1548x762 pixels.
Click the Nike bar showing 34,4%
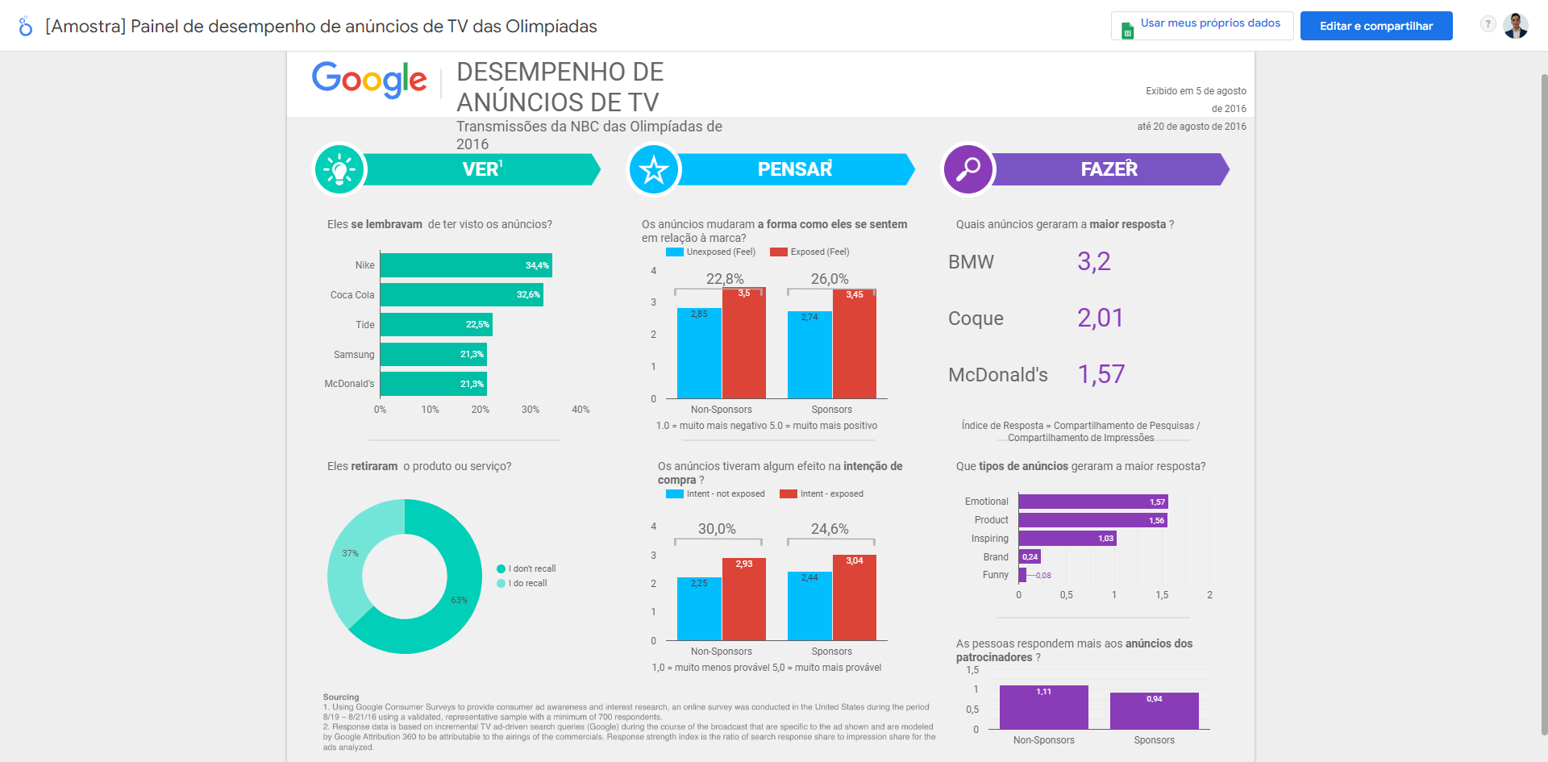[x=465, y=265]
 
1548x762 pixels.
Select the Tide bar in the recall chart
[x=435, y=325]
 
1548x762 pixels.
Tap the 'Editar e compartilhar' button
[x=1375, y=26]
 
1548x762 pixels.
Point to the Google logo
[x=369, y=80]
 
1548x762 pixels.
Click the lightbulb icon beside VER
[x=339, y=170]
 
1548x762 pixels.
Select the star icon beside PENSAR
[x=654, y=170]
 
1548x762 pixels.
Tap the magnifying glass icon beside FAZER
[x=968, y=169]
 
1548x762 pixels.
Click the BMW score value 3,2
[x=1094, y=262]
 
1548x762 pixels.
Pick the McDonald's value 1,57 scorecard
[x=1101, y=375]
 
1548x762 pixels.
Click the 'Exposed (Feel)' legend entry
[x=809, y=252]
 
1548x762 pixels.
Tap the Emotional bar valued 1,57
[x=1092, y=502]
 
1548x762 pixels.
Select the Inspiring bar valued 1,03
[x=1067, y=539]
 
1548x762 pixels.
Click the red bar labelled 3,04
[x=855, y=598]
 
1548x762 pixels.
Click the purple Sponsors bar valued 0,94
[x=1154, y=711]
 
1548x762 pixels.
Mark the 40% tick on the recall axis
[x=580, y=410]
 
